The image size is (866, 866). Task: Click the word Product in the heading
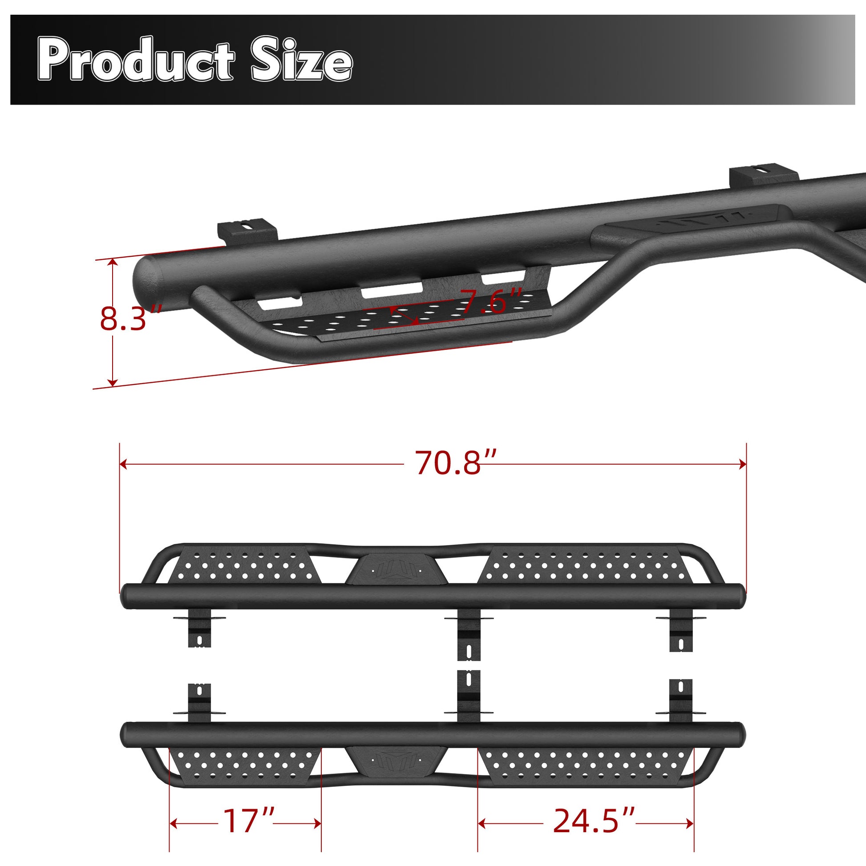(136, 60)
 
